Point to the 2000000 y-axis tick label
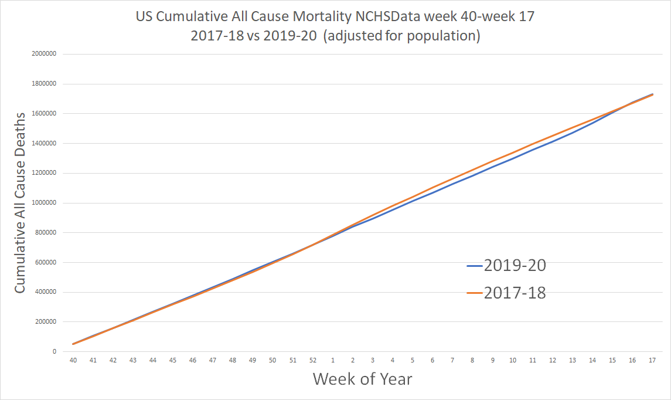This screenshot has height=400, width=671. point(43,54)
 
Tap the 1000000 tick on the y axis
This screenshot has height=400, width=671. point(43,203)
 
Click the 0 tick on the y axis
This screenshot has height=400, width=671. point(54,352)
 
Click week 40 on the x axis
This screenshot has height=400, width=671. point(73,361)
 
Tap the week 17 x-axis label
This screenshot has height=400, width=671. point(652,361)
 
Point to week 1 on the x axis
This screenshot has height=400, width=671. point(333,361)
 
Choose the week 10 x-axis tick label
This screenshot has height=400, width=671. point(512,361)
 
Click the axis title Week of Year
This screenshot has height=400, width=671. point(362,379)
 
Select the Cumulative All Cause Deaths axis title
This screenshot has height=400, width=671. point(21,203)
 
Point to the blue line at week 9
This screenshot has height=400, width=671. point(492,167)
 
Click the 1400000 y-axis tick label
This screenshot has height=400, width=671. point(43,143)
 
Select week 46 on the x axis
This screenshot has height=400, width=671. point(193,361)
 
